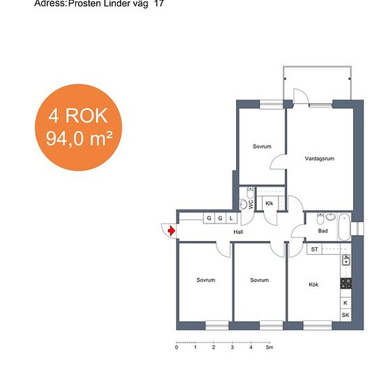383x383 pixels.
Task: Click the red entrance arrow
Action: click(172, 230)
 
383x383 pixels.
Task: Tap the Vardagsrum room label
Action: click(319, 159)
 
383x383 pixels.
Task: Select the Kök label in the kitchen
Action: click(313, 285)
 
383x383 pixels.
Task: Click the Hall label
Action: click(238, 232)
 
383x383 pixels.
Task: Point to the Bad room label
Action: click(322, 230)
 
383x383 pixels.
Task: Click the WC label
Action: click(251, 205)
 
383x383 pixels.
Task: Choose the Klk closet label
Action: click(269, 203)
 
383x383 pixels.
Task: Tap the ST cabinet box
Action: click(314, 249)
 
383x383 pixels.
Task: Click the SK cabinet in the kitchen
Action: click(345, 315)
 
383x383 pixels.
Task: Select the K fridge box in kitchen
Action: click(345, 303)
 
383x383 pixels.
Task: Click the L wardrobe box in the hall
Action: click(231, 218)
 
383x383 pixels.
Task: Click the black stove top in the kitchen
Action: click(346, 283)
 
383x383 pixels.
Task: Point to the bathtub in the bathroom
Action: click(345, 227)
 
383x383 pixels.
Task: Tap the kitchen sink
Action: click(346, 260)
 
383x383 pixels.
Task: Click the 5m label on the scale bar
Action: click(269, 347)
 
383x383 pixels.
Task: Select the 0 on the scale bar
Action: click(177, 347)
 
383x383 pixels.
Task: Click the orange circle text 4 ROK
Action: click(78, 116)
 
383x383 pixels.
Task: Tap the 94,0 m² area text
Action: click(79, 139)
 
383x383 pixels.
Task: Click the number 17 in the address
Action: click(159, 3)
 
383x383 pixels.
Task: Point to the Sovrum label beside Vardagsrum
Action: click(262, 146)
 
